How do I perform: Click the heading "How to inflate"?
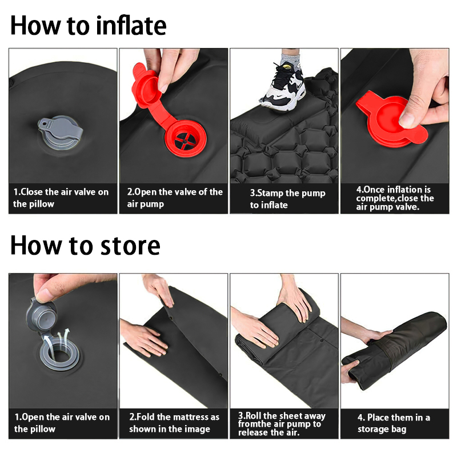tap(89, 25)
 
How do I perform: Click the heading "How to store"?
tap(85, 246)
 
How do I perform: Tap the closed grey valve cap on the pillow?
tap(61, 132)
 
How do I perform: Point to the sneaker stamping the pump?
tap(283, 86)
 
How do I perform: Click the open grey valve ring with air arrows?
tap(60, 353)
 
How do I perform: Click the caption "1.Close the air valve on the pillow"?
tap(61, 198)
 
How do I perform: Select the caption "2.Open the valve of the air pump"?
tap(175, 198)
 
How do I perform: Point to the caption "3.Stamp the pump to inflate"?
tap(287, 199)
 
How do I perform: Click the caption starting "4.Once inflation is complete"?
tap(395, 198)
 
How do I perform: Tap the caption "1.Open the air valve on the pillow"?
tap(62, 423)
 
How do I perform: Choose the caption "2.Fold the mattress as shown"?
tap(174, 423)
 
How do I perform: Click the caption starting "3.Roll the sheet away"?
tap(282, 424)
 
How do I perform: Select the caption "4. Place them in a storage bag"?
tap(394, 423)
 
